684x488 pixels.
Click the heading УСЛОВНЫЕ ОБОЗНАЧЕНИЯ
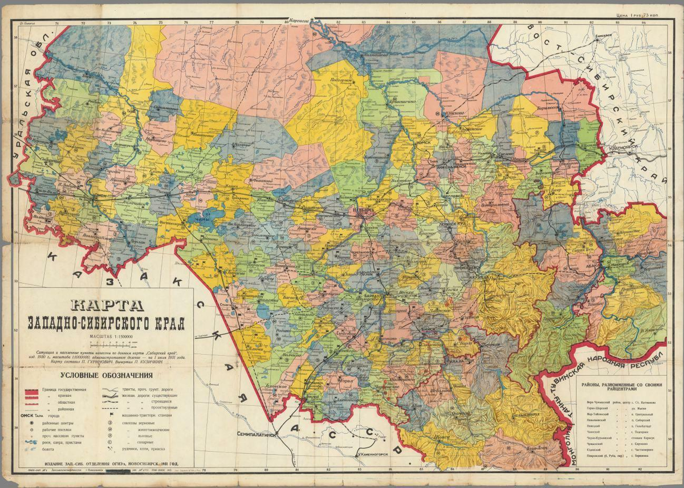pos(107,375)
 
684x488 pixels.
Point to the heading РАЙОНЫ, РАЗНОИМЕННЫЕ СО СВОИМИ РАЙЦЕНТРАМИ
pos(621,388)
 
